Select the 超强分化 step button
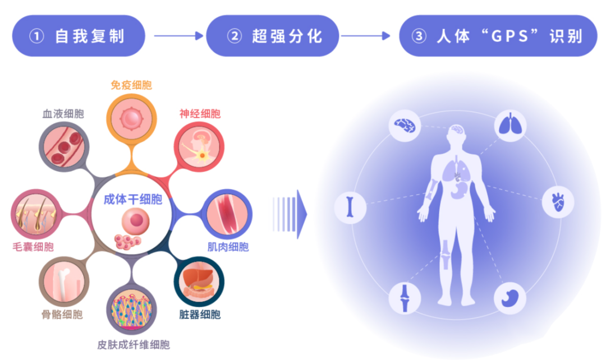[273, 36]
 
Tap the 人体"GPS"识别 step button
[498, 36]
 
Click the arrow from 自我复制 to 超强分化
[178, 36]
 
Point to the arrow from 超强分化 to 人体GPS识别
[365, 36]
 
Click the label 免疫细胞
[131, 85]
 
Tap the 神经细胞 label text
[200, 114]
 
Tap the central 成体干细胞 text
[133, 200]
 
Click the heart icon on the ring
[558, 201]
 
